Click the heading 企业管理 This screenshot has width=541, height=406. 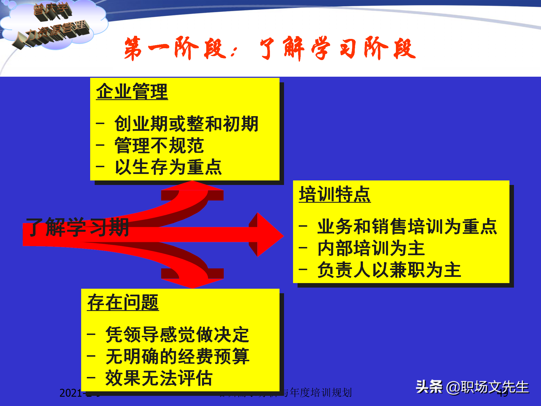pos(132,92)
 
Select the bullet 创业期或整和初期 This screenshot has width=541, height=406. pos(186,124)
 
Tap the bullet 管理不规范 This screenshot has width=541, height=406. pos(159,145)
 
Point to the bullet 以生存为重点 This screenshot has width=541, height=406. pos(168,167)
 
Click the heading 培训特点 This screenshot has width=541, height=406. pos(335,194)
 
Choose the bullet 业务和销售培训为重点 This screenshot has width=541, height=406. pos(407,226)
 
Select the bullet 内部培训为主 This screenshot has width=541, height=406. pos(371,248)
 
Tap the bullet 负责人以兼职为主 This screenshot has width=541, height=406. pos(389,270)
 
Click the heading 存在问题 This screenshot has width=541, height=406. pos(123,303)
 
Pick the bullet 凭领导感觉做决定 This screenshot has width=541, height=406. pos(177,335)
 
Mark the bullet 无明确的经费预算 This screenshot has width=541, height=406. pos(177,356)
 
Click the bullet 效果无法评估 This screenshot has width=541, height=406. pos(159,378)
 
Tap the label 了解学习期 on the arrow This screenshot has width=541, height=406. pos(77,227)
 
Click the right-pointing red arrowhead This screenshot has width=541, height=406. pos(269,235)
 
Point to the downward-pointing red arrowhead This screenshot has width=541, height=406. pos(192,283)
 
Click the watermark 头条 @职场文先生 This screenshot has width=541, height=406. pos(472,387)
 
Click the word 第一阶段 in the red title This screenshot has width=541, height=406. pos(175,48)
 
